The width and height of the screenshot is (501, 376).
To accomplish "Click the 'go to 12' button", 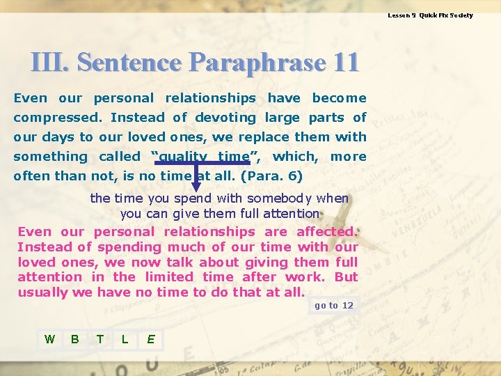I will (334, 306).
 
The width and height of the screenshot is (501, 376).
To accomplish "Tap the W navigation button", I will (49, 339).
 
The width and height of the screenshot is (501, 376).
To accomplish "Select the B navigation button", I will (74, 339).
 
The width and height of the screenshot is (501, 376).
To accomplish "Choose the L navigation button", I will (125, 339).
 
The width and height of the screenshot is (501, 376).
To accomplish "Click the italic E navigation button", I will (150, 339).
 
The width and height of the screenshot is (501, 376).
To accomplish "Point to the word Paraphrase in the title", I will (255, 63).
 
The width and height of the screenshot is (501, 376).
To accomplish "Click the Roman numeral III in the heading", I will (49, 63).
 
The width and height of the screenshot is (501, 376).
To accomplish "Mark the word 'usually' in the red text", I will (44, 292).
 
